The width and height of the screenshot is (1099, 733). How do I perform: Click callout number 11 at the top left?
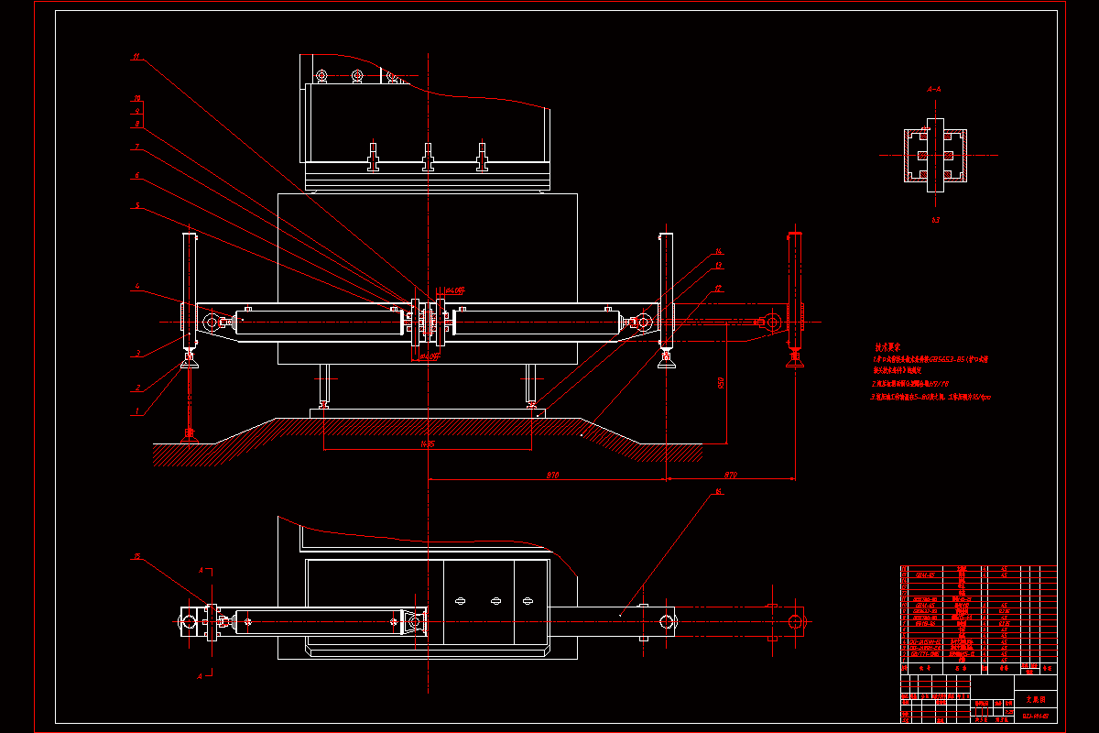click(136, 57)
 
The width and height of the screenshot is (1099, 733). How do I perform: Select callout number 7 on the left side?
click(136, 147)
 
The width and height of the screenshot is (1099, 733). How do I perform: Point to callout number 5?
click(137, 206)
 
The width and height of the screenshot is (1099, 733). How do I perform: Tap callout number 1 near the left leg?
click(137, 411)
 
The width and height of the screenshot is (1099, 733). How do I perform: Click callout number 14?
click(719, 251)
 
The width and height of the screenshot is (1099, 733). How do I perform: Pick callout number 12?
click(719, 289)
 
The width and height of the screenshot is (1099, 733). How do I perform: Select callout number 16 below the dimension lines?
click(719, 492)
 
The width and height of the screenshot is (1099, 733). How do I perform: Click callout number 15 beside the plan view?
click(137, 556)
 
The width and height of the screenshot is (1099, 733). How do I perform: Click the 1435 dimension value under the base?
click(426, 444)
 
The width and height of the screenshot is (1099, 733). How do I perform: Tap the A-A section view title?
click(934, 90)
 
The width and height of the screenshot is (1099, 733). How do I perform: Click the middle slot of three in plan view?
click(495, 601)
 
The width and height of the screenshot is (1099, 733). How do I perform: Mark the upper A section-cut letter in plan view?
click(201, 569)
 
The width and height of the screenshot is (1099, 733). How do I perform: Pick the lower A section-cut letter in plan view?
click(201, 675)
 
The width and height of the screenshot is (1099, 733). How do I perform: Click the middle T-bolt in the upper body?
click(427, 158)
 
